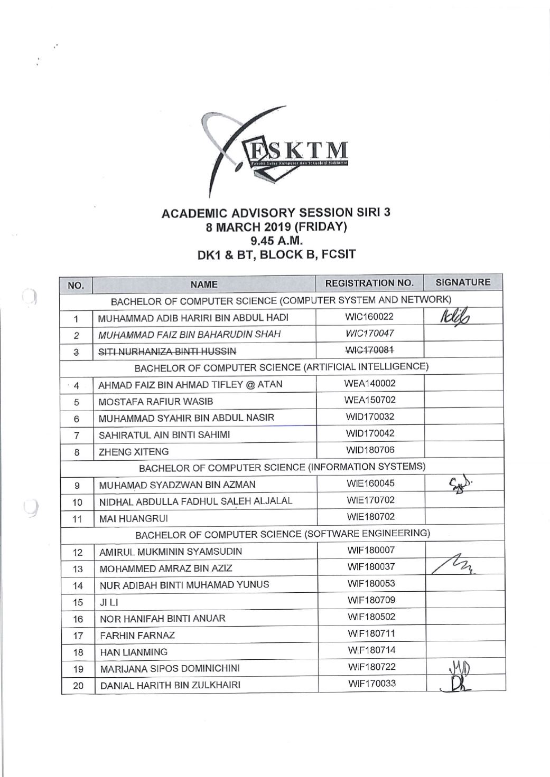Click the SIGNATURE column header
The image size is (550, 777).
463,282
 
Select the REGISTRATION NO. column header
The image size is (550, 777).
369,283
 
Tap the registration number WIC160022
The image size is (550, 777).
369,317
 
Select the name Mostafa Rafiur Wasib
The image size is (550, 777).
156,402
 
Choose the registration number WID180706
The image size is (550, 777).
370,450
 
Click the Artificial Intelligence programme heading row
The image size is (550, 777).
282,367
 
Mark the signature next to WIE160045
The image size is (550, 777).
459,483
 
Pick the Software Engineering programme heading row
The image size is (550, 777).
283,534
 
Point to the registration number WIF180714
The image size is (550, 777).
371,650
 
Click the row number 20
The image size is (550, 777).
78,686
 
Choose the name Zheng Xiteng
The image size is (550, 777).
134,452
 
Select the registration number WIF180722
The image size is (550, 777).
371,667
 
